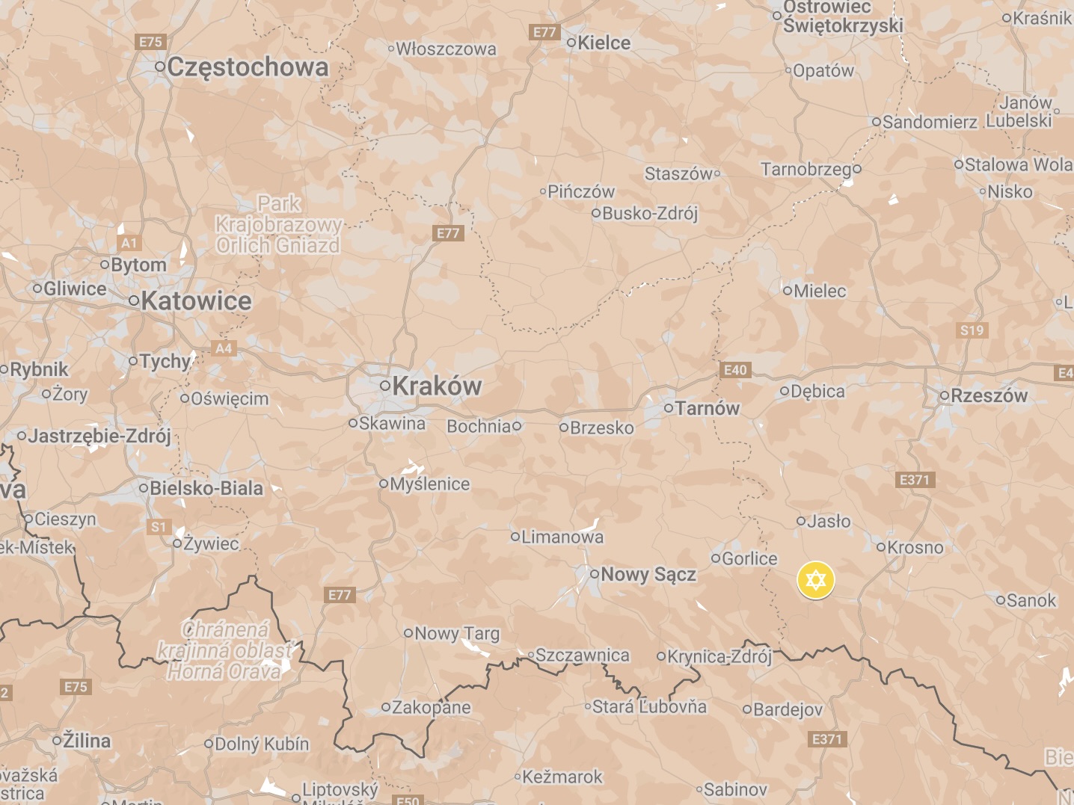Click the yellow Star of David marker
click(815, 580)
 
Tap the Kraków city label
click(437, 386)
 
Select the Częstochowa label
click(248, 67)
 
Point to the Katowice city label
click(196, 300)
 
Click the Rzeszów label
click(989, 395)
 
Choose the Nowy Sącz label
click(648, 574)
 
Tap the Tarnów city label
click(707, 408)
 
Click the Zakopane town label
click(431, 707)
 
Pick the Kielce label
click(604, 43)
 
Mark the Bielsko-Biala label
click(206, 488)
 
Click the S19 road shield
click(972, 330)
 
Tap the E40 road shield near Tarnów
click(735, 370)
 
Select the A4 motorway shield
click(224, 348)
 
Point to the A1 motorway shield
click(129, 243)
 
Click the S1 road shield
click(159, 527)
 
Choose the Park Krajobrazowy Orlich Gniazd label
click(278, 224)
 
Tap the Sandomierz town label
click(930, 122)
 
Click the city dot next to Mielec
click(787, 290)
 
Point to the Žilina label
click(86, 741)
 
